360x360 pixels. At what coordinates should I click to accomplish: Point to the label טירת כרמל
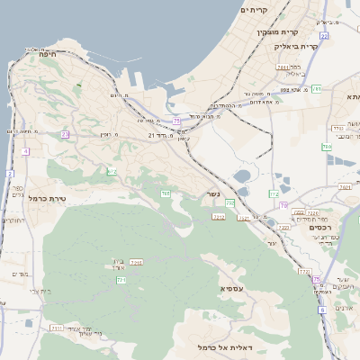48,198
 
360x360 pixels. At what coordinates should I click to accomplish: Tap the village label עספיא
233,288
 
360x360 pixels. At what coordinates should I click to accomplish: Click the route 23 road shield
65,134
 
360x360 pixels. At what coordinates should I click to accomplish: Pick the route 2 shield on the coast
10,173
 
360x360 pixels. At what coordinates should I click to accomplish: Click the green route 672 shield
112,171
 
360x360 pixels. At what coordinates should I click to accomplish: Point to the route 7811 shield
283,67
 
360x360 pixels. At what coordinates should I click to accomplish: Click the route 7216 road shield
137,262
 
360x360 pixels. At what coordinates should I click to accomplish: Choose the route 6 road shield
321,310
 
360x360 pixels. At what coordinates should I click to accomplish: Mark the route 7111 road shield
57,328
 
